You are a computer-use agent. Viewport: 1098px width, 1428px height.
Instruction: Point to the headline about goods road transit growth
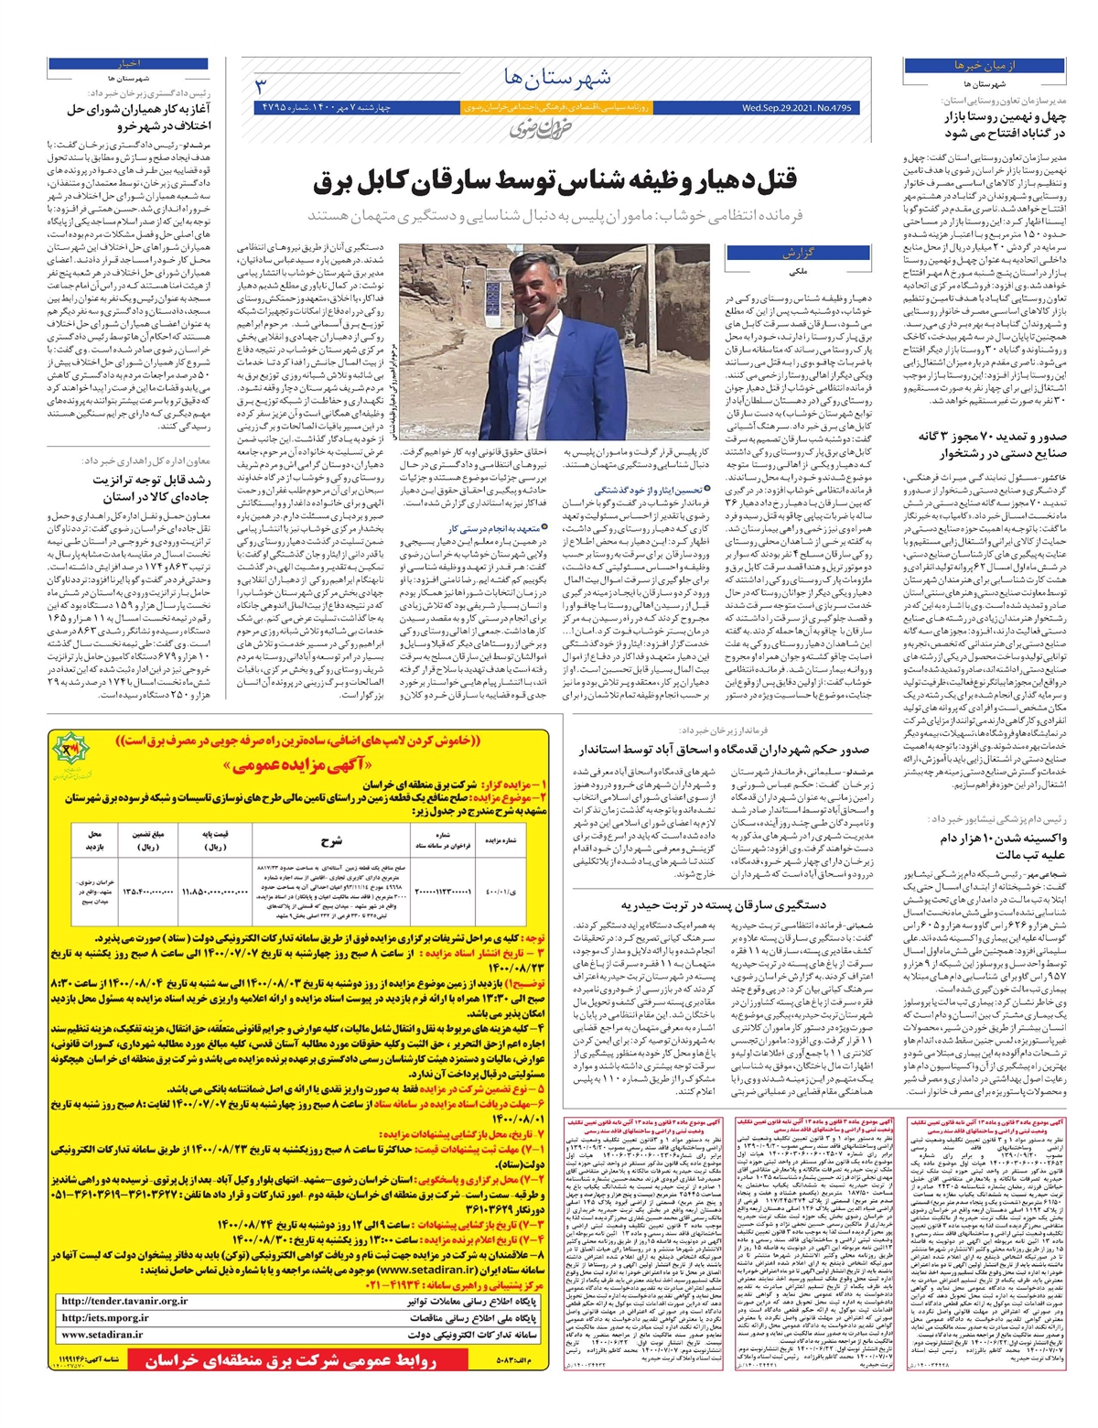[x=151, y=488]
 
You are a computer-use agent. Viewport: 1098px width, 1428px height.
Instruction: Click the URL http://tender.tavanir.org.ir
[x=124, y=1300]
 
